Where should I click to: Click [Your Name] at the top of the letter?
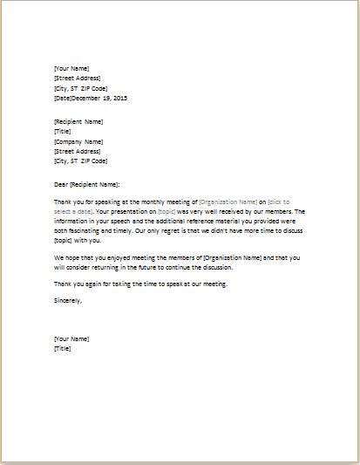click(71, 68)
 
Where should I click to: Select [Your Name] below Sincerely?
click(71, 338)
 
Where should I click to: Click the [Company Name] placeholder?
click(78, 141)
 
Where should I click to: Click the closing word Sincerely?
click(68, 300)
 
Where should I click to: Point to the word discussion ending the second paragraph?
click(228, 267)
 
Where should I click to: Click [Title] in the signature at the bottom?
click(62, 348)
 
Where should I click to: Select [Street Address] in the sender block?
click(76, 78)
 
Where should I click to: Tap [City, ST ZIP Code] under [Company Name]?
click(80, 161)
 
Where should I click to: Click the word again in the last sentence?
click(97, 282)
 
